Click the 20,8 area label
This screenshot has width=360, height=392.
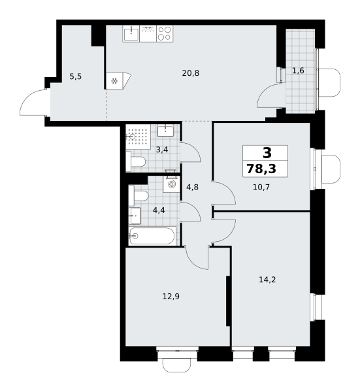pos(191,73)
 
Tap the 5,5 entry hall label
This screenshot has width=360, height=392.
pos(76,76)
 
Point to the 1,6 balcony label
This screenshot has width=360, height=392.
pos(298,71)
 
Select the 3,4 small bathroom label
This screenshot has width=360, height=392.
pos(162,150)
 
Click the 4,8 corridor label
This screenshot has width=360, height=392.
pos(193,187)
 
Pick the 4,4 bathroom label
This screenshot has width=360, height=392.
pos(159,210)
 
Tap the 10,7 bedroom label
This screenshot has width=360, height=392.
pos(261,187)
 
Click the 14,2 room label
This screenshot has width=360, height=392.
pos(267,280)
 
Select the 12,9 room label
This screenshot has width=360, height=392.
pos(171,297)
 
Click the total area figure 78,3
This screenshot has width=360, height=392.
pos(261,169)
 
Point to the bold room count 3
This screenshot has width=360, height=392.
pos(267,153)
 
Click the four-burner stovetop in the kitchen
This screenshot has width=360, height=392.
pos(165,33)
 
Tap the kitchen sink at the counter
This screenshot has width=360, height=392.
pos(131,33)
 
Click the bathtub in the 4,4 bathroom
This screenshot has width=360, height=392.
pos(152,235)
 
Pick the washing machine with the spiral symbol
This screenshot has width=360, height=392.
pos(171,184)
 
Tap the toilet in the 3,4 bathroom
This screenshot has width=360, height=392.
pos(135,162)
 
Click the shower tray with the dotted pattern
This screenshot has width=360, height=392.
pos(138,137)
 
